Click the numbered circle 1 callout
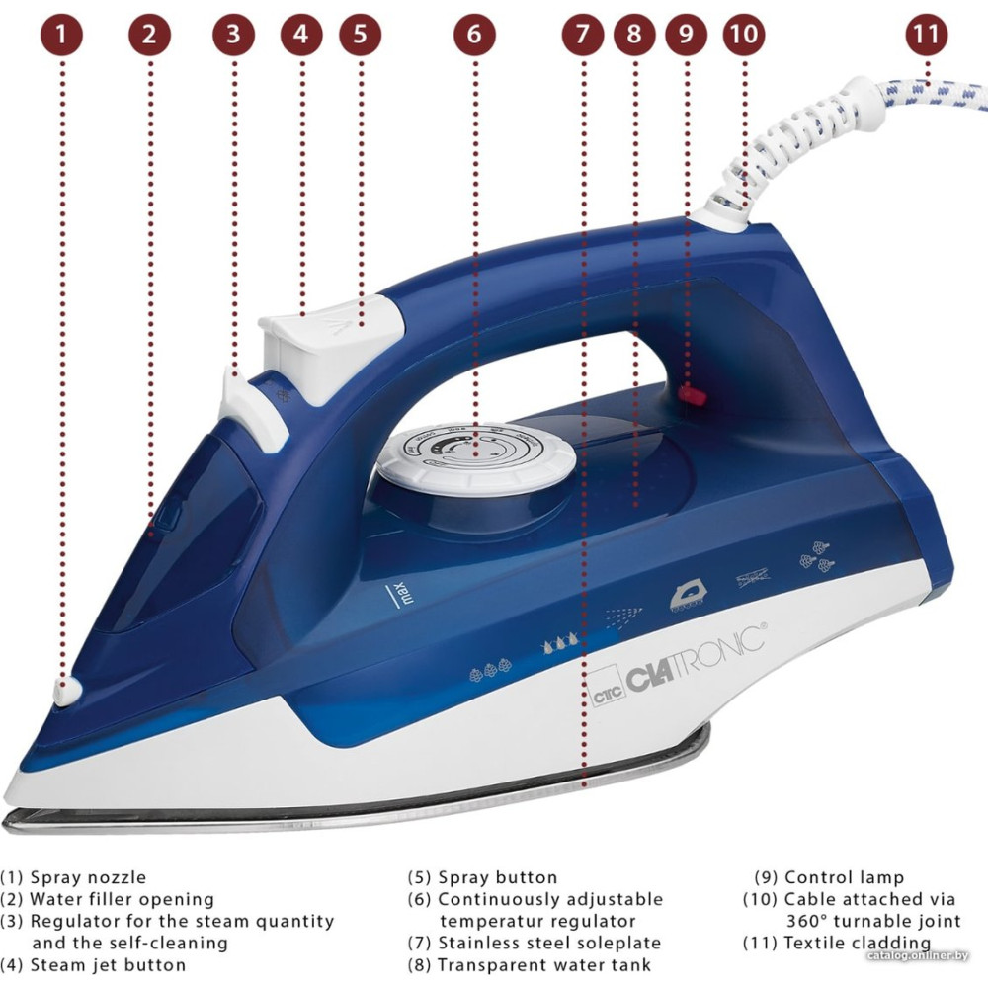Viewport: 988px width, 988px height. click(x=62, y=35)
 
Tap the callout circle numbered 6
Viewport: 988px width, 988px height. click(x=474, y=35)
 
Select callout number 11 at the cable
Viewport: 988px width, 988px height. click(x=926, y=35)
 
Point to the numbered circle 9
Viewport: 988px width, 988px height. click(x=686, y=35)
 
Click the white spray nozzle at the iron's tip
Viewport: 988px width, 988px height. click(x=67, y=692)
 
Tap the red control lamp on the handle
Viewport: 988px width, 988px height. click(x=691, y=395)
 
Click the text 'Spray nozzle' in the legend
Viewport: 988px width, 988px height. click(x=88, y=877)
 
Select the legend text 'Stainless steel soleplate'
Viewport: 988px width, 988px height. click(x=548, y=944)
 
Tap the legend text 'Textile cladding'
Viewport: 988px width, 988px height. click(x=857, y=943)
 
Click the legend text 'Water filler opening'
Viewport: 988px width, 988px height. click(x=122, y=899)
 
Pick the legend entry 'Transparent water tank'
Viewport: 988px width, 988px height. click(x=543, y=965)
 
